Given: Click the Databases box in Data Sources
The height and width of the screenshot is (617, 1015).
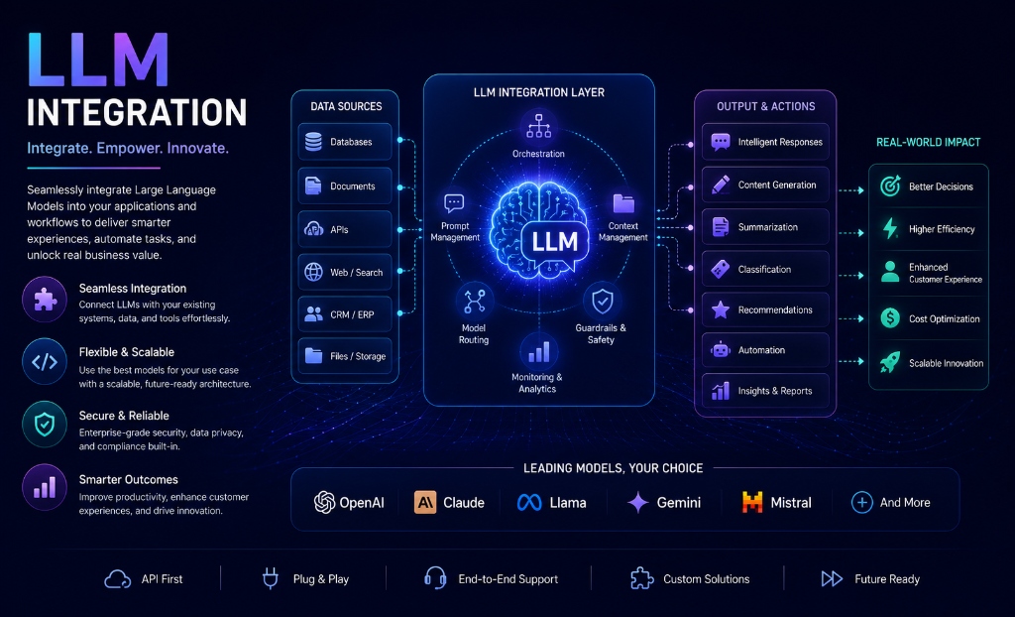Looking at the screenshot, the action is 345,141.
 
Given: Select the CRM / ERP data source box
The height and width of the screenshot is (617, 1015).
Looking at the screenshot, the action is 345,314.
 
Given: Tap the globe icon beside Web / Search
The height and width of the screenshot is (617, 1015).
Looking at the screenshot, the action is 314,272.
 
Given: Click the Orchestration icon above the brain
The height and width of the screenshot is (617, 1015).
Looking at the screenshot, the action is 538,126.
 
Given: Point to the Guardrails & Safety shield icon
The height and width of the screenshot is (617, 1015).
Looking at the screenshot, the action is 603,301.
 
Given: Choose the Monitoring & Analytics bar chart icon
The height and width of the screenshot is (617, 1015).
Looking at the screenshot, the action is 538,352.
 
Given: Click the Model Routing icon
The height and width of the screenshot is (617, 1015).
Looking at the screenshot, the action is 474,301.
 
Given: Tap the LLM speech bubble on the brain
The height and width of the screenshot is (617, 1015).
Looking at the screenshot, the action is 555,242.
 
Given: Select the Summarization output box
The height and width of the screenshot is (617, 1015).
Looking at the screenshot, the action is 765,227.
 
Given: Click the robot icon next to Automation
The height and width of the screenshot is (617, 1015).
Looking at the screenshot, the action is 721,350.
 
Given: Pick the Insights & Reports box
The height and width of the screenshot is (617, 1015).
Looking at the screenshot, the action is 765,391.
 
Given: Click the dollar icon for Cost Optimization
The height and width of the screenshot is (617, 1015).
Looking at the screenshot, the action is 891,318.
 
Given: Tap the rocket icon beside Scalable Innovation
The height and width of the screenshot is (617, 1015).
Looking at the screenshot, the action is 890,362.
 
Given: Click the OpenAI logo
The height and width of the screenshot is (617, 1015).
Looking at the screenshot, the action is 324,502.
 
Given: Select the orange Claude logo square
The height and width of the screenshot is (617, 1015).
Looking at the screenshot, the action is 425,502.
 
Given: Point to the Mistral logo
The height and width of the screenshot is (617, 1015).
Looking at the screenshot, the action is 752,502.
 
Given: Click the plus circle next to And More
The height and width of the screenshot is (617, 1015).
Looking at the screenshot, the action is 862,502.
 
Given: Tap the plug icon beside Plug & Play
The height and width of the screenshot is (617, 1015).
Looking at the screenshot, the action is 270,578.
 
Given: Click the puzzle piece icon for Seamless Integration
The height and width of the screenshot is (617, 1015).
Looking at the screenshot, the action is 45,300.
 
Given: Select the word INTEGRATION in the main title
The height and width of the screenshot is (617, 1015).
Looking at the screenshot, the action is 137,113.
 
